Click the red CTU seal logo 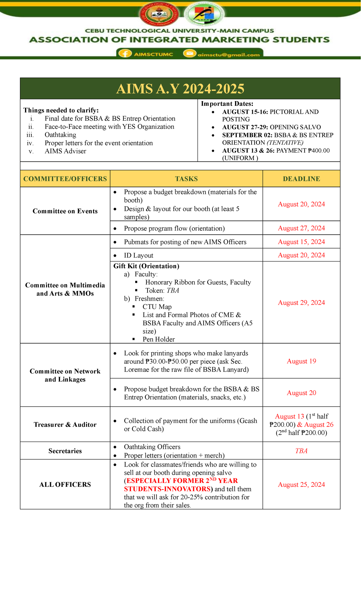pos(159,14)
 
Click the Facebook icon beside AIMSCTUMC pos(125,54)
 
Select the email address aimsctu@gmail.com pos(228,55)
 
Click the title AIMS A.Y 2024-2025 pos(180,89)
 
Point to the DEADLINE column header pos(301,179)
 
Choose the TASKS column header pos(186,179)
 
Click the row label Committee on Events pos(65,211)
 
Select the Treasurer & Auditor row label pos(65,425)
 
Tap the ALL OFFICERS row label pos(65,484)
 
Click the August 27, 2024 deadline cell pos(301,228)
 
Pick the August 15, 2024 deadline pos(301,242)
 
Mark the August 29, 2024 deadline pos(301,303)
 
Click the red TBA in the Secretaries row pos(301,451)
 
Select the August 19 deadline pos(301,361)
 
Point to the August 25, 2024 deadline pos(301,484)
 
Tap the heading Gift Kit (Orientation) pos(146,266)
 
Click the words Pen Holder pos(159,339)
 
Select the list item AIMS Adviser pos(65,151)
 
